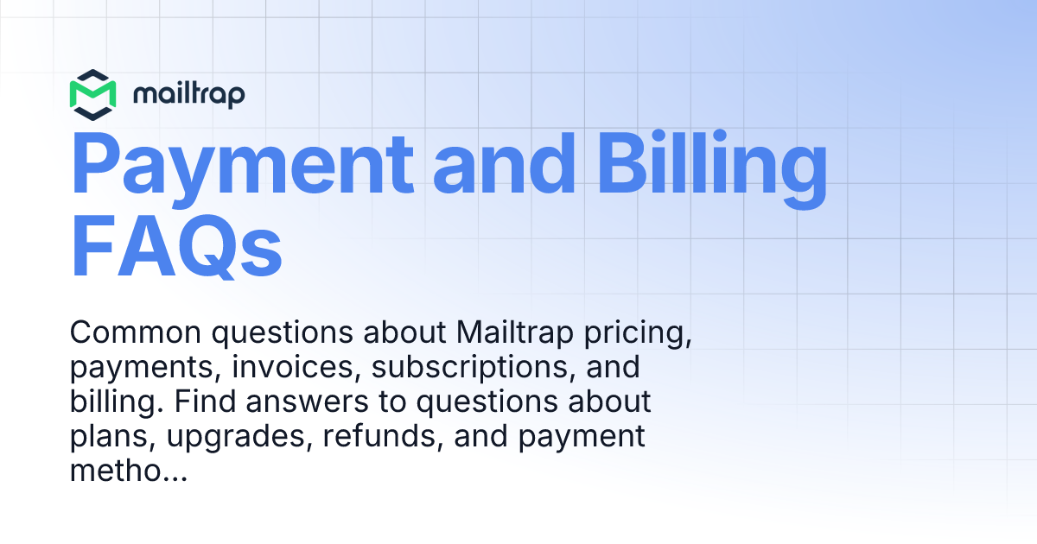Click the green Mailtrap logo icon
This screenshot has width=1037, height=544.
click(93, 94)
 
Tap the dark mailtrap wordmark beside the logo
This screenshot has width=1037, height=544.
click(189, 93)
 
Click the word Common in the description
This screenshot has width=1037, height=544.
click(137, 333)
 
